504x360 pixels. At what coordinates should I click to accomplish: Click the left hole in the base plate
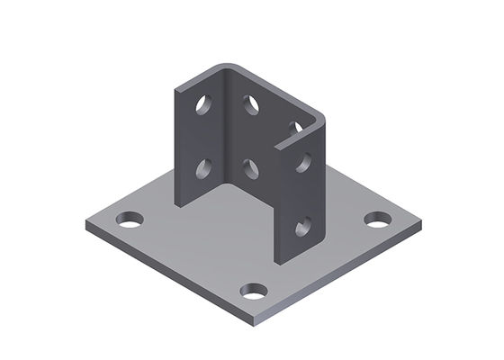coord(130,219)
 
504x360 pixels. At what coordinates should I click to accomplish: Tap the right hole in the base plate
coord(377,219)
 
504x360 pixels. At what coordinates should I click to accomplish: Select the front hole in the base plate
coord(254,292)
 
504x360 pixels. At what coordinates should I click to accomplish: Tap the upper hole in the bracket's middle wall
coord(251,105)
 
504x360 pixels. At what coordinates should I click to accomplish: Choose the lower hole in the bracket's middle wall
coord(251,167)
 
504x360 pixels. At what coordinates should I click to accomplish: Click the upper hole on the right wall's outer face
coord(303,163)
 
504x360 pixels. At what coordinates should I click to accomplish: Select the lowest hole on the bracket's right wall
coord(303,226)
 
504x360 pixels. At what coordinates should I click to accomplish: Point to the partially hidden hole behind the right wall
coord(296,127)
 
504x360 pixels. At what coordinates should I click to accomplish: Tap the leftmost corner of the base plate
coord(85,222)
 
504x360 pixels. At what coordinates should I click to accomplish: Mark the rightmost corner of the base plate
coord(421,220)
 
